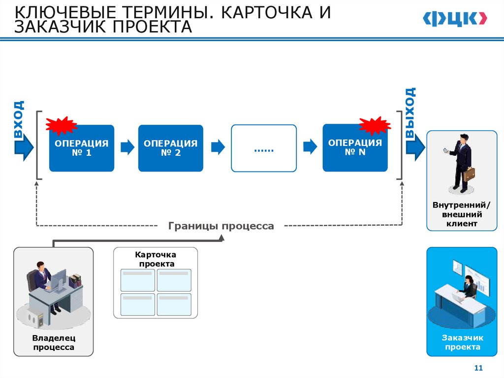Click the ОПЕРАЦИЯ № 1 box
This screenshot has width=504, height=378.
point(81,148)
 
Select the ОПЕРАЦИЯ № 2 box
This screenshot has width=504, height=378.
point(170,148)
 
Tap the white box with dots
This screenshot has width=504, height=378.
point(264,148)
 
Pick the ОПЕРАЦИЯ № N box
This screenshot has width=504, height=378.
point(355,148)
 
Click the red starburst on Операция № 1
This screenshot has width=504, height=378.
point(61,126)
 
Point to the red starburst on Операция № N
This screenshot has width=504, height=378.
point(375,125)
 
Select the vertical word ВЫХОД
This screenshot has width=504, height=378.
point(410,112)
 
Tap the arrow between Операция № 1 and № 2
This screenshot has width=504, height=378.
point(127,147)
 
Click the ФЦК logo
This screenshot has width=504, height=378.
point(455,18)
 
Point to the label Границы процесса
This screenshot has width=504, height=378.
point(221,226)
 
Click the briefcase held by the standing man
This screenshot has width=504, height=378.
point(470,174)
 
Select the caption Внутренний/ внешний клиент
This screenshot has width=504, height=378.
point(461,214)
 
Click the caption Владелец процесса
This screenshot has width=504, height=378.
point(53,343)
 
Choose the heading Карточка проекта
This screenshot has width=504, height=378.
point(155,259)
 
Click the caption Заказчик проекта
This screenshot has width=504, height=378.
point(462,343)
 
